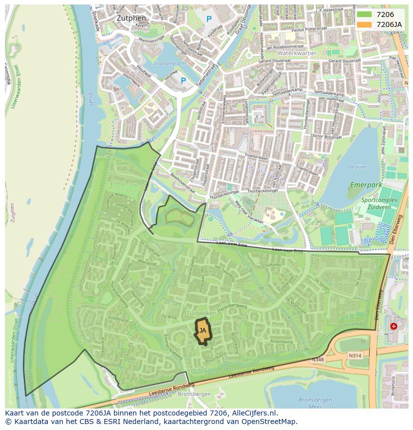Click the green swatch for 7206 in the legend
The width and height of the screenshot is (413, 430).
coord(364,14)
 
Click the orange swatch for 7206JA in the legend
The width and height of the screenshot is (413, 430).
coord(364,24)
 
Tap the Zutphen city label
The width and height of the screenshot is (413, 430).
coord(131,18)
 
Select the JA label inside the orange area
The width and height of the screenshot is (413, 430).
coord(203,331)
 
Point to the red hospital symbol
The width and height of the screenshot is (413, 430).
coord(394,326)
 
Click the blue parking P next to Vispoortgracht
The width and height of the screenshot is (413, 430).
coord(183,80)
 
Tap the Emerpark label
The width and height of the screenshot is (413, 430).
coord(366,185)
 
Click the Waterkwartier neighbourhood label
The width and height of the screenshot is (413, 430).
coord(297,52)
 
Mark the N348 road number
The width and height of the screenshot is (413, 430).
coord(317,359)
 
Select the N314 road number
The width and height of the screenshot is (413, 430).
coord(355,356)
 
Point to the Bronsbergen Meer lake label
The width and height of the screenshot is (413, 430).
coord(315,403)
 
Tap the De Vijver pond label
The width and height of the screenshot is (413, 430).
coord(358,167)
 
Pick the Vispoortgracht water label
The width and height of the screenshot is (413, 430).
coord(170,63)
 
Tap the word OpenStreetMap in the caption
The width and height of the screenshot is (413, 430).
coord(271,422)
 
